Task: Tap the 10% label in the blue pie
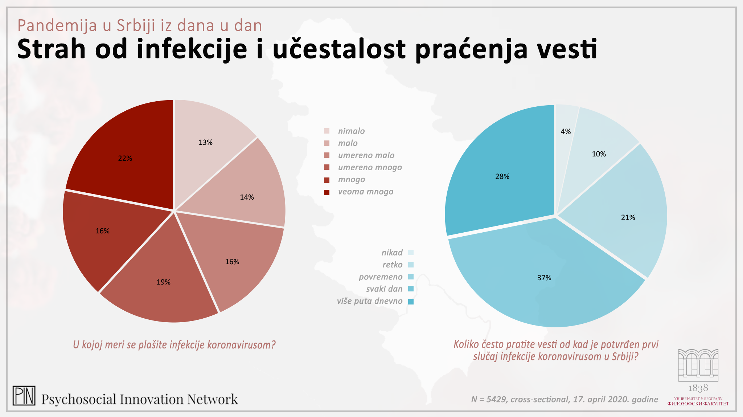(x=599, y=154)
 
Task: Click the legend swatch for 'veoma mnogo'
(x=327, y=192)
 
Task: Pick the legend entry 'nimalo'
(x=351, y=131)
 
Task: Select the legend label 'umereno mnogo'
(x=370, y=168)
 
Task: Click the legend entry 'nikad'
(x=392, y=253)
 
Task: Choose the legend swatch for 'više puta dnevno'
(x=411, y=302)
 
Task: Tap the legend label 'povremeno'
(x=381, y=277)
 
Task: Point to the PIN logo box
(x=24, y=396)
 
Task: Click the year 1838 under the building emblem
(x=698, y=388)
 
